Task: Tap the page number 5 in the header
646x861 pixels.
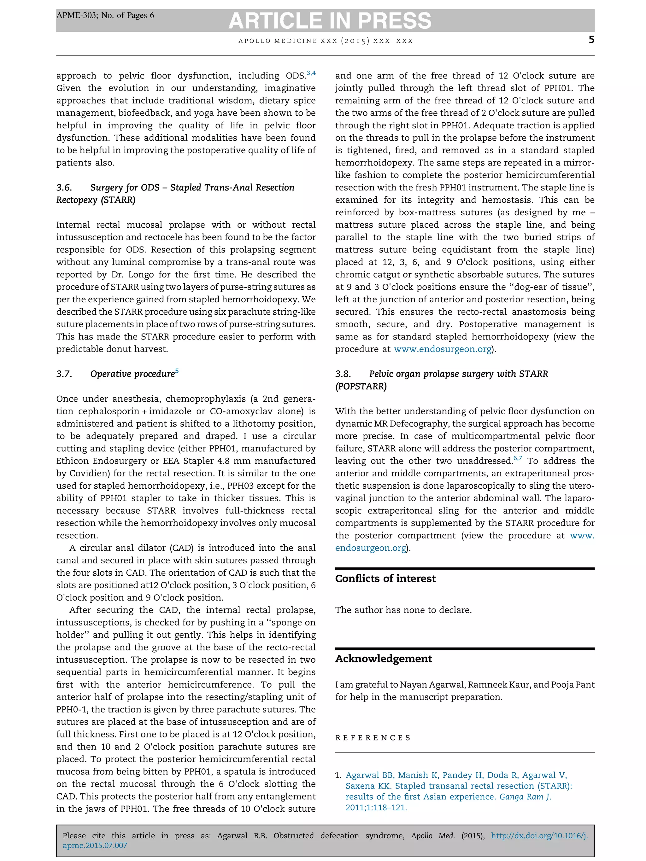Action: point(591,40)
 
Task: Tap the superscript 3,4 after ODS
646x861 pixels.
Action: point(311,73)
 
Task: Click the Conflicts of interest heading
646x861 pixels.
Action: point(385,579)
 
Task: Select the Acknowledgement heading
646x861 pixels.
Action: point(383,659)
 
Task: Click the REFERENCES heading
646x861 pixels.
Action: point(373,738)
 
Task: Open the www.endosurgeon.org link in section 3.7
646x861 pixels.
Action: point(442,349)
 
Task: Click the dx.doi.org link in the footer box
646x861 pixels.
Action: point(539,836)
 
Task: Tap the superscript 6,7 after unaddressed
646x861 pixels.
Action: point(518,458)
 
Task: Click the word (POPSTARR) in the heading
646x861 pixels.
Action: point(361,387)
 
